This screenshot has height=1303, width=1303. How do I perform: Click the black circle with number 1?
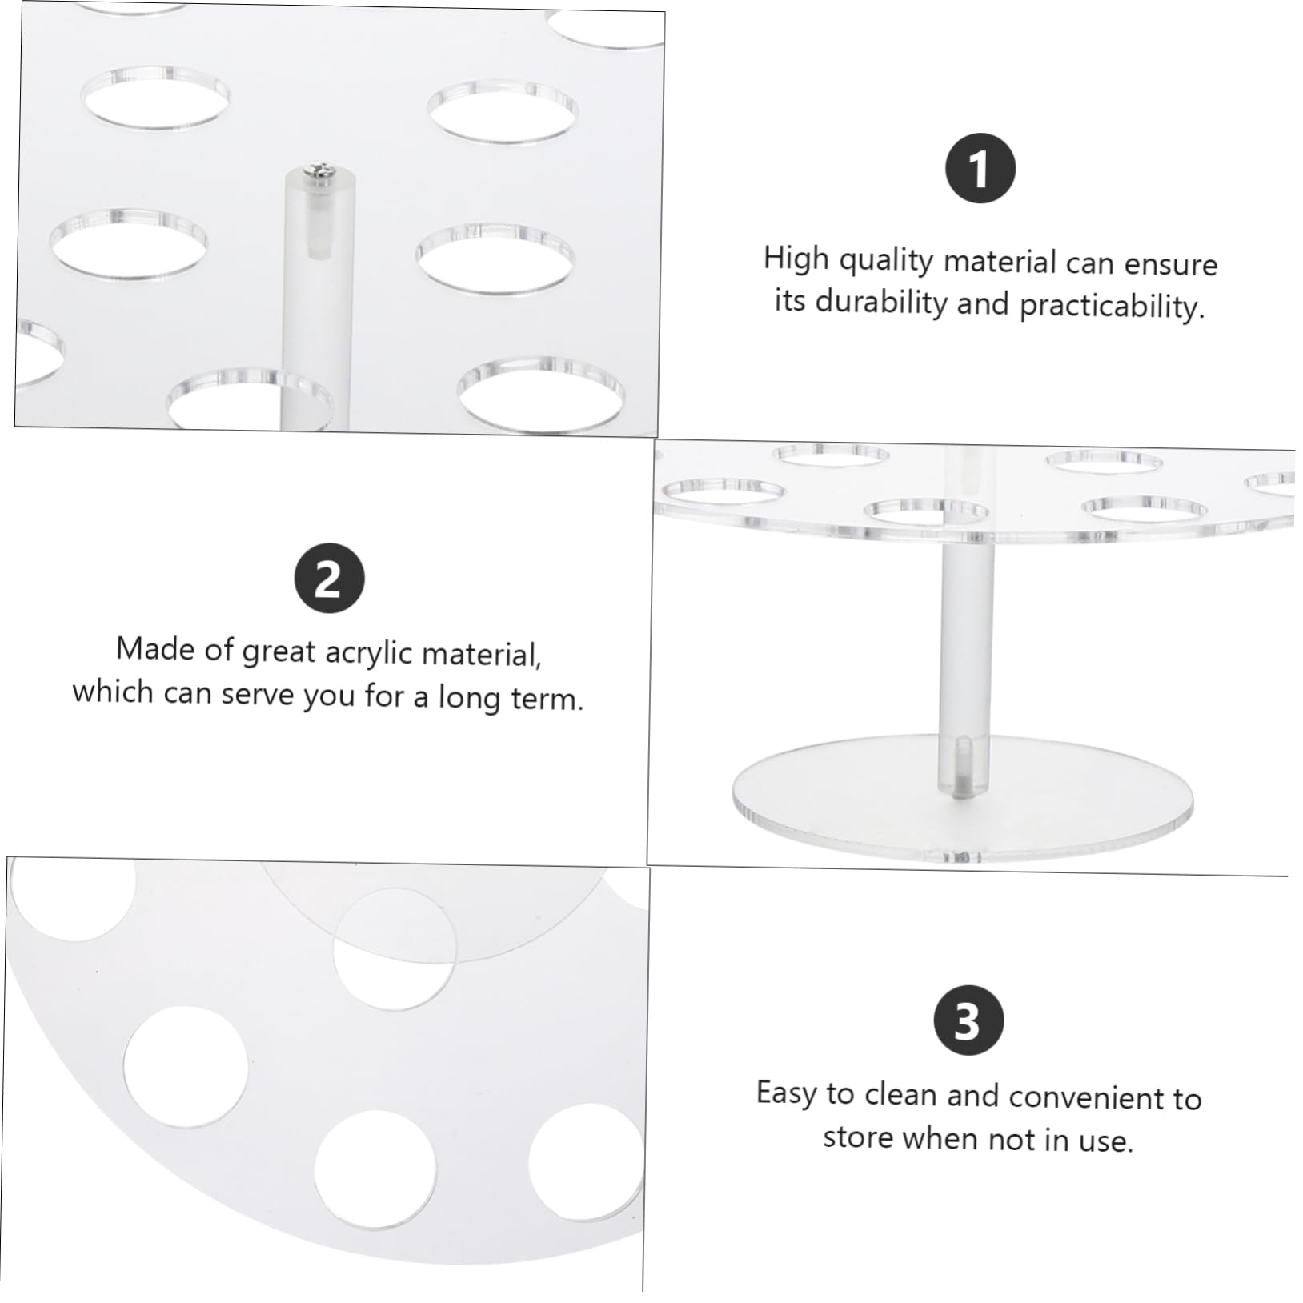point(980,169)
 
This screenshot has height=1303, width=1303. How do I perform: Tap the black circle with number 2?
point(329,579)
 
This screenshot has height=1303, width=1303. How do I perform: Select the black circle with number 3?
point(968,1020)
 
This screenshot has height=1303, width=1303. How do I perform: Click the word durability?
point(880,303)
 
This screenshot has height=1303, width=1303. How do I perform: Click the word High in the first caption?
point(796,259)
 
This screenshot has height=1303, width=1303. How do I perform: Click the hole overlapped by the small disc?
point(394,948)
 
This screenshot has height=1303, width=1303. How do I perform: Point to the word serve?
point(256,693)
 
